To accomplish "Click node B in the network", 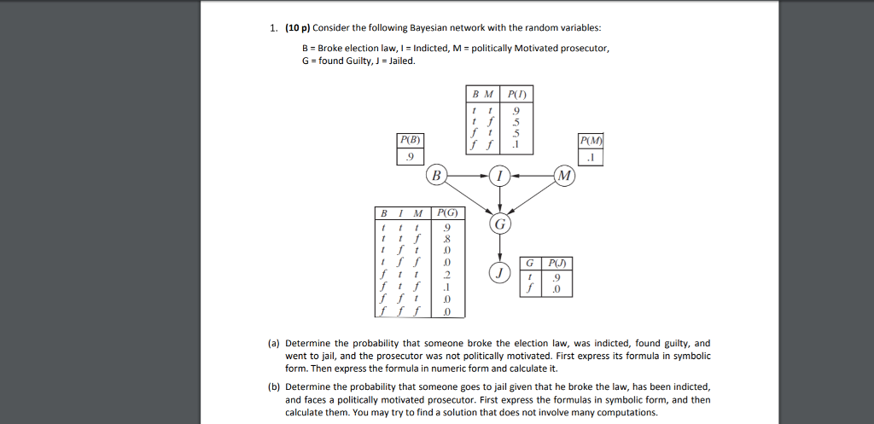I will pyautogui.click(x=437, y=176).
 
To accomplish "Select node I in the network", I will pyautogui.click(x=499, y=176).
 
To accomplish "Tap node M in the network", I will pyautogui.click(x=563, y=176).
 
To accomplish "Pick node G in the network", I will pyautogui.click(x=499, y=224).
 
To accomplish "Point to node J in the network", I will pyautogui.click(x=499, y=273).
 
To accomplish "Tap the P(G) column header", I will pyautogui.click(x=447, y=212).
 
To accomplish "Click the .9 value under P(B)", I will pyautogui.click(x=409, y=156).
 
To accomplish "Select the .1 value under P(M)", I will pyautogui.click(x=591, y=157).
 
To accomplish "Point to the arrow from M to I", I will pyautogui.click(x=531, y=176).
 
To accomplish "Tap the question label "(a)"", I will pyautogui.click(x=273, y=343).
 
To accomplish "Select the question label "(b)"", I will pyautogui.click(x=273, y=386).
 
